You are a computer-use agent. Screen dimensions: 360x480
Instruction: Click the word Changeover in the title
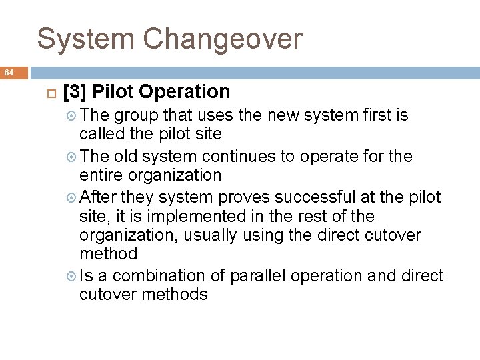(x=223, y=39)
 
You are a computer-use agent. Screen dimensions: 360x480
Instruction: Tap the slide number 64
(x=9, y=72)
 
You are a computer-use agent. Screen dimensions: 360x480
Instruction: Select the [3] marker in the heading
(x=76, y=92)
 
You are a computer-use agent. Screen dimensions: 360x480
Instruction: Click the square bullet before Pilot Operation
(x=49, y=93)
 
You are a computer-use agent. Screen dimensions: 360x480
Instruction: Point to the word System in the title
(x=86, y=39)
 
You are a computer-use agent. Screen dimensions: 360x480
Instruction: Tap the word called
(x=99, y=134)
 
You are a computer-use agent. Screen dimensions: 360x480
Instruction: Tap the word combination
(x=160, y=276)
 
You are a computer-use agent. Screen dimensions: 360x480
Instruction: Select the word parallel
(x=256, y=276)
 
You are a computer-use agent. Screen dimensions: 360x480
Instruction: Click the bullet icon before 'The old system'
(x=73, y=157)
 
